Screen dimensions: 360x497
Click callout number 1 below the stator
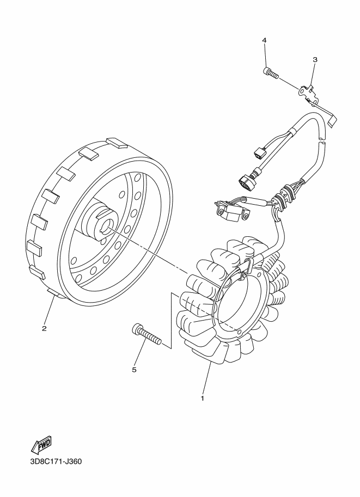click(x=202, y=398)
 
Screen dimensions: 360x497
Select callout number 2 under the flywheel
click(x=44, y=328)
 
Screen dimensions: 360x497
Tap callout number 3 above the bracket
click(x=315, y=59)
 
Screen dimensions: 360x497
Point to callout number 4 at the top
click(x=264, y=41)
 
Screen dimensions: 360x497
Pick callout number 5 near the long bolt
click(x=134, y=370)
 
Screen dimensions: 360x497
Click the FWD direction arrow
click(x=41, y=444)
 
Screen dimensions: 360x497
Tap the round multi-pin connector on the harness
click(x=245, y=180)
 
